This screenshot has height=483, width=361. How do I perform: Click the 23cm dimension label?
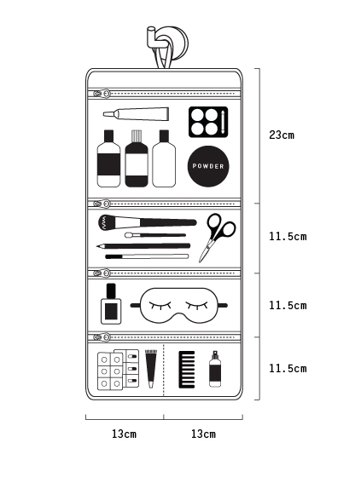tap(282, 135)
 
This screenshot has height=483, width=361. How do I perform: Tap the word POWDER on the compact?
tap(208, 166)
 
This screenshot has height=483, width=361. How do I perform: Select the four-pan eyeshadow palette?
tap(208, 122)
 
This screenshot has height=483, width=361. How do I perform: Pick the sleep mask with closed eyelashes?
tap(179, 306)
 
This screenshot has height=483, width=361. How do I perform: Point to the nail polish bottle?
tap(111, 304)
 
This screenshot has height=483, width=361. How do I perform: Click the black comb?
tap(187, 370)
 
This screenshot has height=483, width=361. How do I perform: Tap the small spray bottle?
tap(215, 369)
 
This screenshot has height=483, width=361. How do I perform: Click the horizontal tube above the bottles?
tap(136, 113)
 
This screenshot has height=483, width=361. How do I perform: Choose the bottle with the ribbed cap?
tap(137, 158)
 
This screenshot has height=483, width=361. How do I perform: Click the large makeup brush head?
tap(108, 222)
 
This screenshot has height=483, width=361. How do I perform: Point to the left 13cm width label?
tap(124, 434)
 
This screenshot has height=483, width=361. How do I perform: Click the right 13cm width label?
tap(203, 434)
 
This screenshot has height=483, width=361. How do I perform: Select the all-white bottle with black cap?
tap(164, 158)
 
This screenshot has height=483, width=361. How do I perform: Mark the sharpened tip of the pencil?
tap(97, 246)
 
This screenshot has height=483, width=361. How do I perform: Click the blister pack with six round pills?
tap(110, 371)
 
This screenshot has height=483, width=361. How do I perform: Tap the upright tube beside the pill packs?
tap(151, 369)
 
